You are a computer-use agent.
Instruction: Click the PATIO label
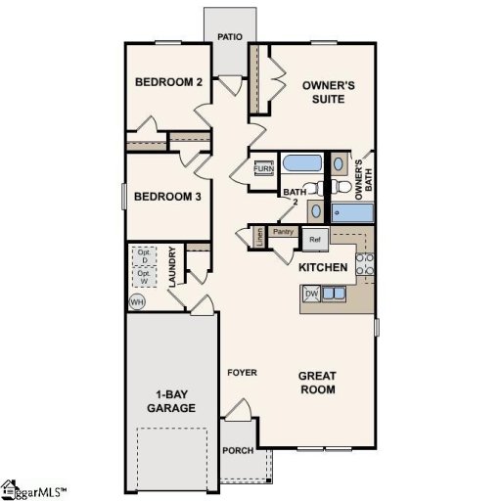tap(231, 38)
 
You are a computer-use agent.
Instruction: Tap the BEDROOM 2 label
tap(168, 82)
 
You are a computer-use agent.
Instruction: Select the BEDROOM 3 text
tap(168, 197)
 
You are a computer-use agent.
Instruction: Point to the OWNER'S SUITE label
tap(328, 92)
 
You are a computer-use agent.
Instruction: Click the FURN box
tap(264, 169)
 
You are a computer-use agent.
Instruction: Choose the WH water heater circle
tap(137, 301)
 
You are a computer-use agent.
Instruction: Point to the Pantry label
tap(285, 232)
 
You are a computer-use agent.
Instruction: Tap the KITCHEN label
tap(324, 267)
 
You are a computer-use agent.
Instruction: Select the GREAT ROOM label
tap(317, 382)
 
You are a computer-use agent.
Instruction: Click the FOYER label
tap(242, 373)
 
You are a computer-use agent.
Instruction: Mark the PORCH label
tap(238, 451)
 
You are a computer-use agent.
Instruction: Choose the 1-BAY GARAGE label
tap(172, 400)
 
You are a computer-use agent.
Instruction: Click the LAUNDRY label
tap(172, 265)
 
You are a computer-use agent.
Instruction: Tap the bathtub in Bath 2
tap(304, 163)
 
